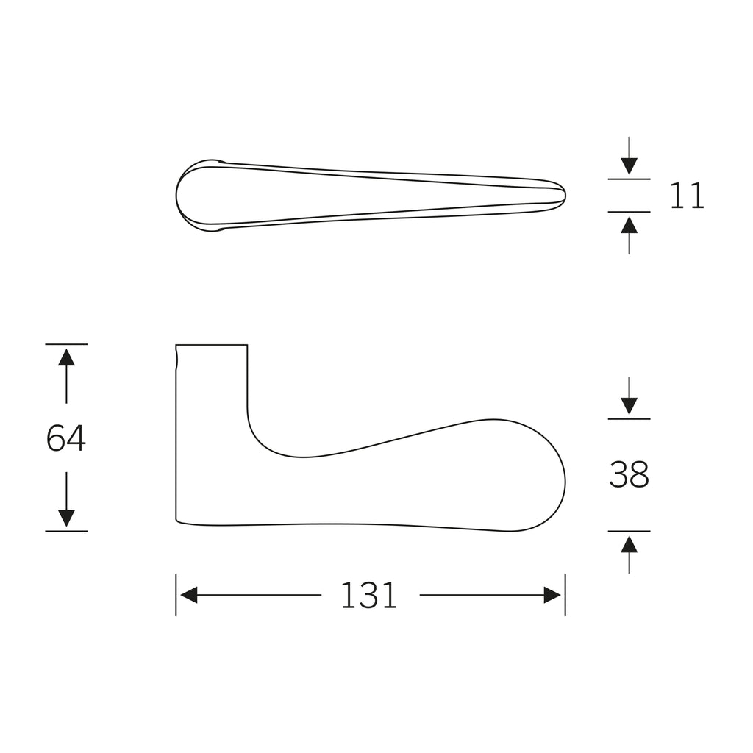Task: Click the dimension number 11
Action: (x=687, y=196)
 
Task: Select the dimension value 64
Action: (x=65, y=438)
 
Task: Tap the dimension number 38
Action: (x=629, y=474)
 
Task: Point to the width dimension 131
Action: (x=369, y=596)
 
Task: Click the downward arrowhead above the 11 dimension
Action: (x=629, y=166)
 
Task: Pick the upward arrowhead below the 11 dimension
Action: (x=629, y=225)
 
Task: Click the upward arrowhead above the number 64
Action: (x=66, y=358)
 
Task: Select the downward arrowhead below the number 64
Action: (x=66, y=518)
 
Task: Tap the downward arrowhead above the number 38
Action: (x=629, y=406)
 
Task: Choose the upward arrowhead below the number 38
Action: (x=629, y=545)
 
